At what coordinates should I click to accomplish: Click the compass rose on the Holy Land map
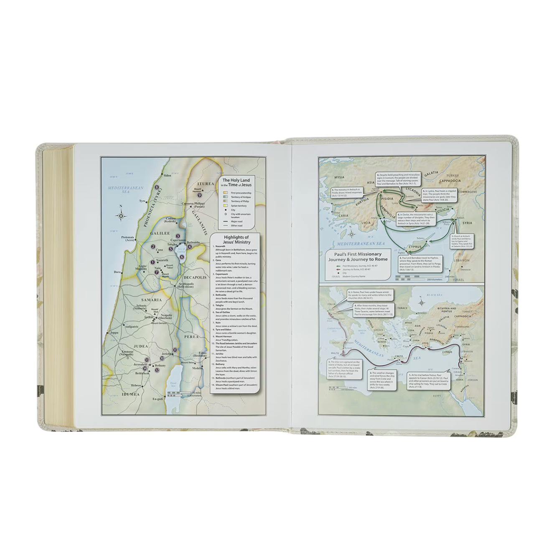coord(121,215)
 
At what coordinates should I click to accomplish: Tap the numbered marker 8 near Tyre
coord(157,188)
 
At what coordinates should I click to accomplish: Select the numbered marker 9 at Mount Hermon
coord(199,195)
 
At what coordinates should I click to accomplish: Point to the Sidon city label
coord(156,175)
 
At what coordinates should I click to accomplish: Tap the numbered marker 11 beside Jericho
coord(175,349)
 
